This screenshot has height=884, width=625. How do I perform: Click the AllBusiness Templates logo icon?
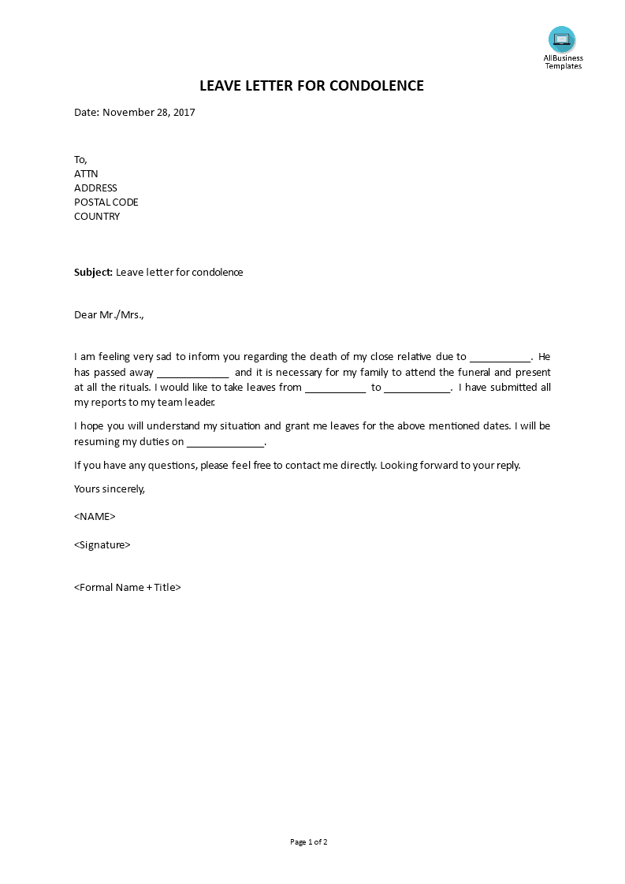tap(562, 39)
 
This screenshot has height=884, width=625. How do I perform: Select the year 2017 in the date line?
tap(184, 112)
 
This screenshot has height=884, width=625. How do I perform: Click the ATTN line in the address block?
tap(86, 173)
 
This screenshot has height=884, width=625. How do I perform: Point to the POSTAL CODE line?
tap(106, 202)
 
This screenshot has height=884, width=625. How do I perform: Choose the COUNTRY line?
tap(97, 216)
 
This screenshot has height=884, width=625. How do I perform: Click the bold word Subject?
tap(93, 272)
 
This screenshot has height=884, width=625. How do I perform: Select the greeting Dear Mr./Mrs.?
tap(110, 314)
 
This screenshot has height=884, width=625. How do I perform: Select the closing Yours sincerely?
tap(110, 488)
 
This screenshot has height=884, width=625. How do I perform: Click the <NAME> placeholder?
tap(95, 516)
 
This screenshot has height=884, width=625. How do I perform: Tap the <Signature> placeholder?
tap(102, 544)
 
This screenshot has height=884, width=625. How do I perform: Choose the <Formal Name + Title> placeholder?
tap(128, 587)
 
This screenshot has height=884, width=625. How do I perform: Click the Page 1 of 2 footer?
tap(309, 841)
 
